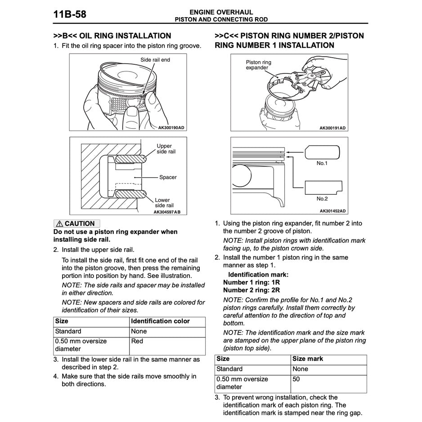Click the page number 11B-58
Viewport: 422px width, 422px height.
coord(70,15)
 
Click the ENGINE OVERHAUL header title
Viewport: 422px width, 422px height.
coord(221,12)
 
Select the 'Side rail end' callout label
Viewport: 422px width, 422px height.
coord(155,60)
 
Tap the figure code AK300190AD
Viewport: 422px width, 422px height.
coord(171,128)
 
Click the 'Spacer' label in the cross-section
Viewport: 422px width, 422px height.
coord(168,177)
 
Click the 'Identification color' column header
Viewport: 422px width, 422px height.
coord(160,321)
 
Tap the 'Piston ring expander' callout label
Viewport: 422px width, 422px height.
coord(258,65)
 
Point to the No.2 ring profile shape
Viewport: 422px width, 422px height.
coord(323,187)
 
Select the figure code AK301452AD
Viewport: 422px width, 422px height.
coord(333,211)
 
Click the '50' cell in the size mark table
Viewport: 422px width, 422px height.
coord(296,379)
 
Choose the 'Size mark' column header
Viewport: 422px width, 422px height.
coord(308,359)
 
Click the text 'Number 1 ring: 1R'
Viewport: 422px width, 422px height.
coord(251,283)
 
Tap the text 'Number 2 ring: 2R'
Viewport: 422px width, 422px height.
coord(251,290)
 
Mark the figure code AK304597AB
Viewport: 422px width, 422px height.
coord(167,211)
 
